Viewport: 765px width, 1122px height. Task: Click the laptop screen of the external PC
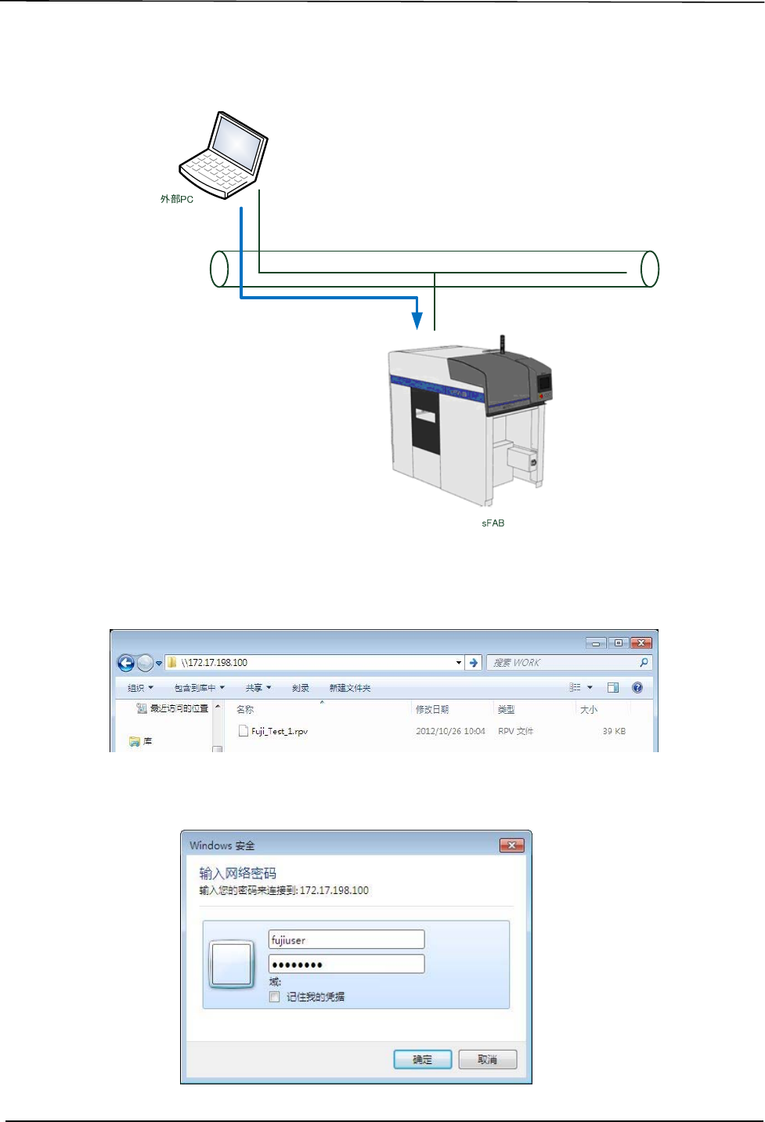pyautogui.click(x=236, y=146)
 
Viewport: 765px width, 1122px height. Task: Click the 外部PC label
pyautogui.click(x=177, y=199)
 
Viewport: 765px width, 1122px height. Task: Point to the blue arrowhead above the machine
pyautogui.click(x=417, y=320)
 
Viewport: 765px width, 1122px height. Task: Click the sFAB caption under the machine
pyautogui.click(x=493, y=523)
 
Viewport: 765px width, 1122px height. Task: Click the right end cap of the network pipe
pyautogui.click(x=649, y=269)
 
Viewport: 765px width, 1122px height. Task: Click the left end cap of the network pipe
pyautogui.click(x=219, y=269)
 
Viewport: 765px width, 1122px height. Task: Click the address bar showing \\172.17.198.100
pyautogui.click(x=313, y=663)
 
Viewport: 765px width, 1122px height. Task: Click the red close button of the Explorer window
pyautogui.click(x=641, y=642)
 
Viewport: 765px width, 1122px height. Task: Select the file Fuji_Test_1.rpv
pyautogui.click(x=279, y=731)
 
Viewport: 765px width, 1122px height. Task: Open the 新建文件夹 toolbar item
pyautogui.click(x=350, y=688)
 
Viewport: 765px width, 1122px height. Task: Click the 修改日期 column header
pyautogui.click(x=432, y=709)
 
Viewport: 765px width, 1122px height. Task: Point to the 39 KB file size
pyautogui.click(x=614, y=731)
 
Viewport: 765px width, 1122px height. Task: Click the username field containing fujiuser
pyautogui.click(x=346, y=939)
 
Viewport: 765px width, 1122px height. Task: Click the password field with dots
pyautogui.click(x=346, y=964)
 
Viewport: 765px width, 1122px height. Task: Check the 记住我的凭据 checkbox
pyautogui.click(x=275, y=997)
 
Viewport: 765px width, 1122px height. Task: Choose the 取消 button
pyautogui.click(x=488, y=1059)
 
